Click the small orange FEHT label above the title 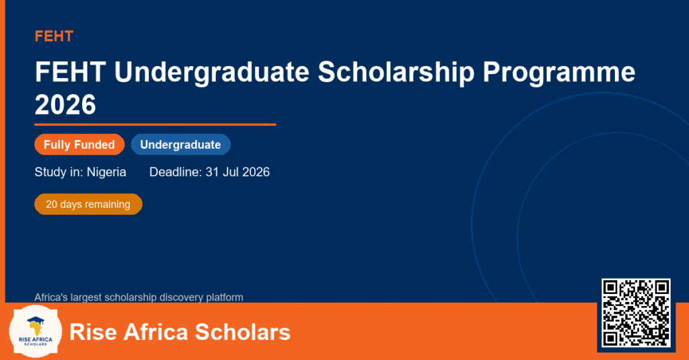tap(54, 36)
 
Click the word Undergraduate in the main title tap(212, 72)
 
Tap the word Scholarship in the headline tap(396, 72)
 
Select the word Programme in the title tap(559, 72)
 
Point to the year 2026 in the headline tap(65, 104)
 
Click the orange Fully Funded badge tap(79, 145)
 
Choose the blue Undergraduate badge tap(180, 145)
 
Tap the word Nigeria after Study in tap(106, 172)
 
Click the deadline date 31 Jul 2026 tap(238, 172)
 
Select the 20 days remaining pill tap(88, 205)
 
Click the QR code tap(636, 313)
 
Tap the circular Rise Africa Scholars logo tap(36, 332)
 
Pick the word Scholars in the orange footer tap(242, 332)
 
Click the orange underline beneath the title tap(155, 125)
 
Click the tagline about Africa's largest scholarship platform tap(139, 297)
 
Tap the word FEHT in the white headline tap(70, 72)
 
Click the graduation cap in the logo tap(36, 321)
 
